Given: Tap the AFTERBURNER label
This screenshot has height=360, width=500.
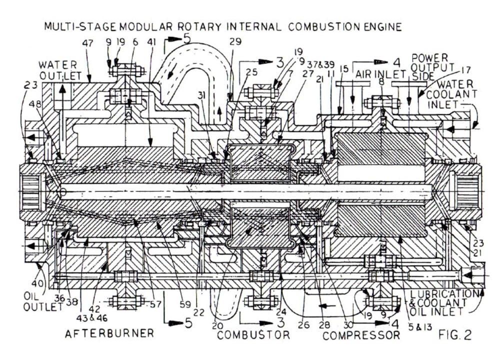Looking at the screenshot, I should [109, 333].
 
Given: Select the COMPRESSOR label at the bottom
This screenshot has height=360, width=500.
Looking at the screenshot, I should [361, 334].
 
